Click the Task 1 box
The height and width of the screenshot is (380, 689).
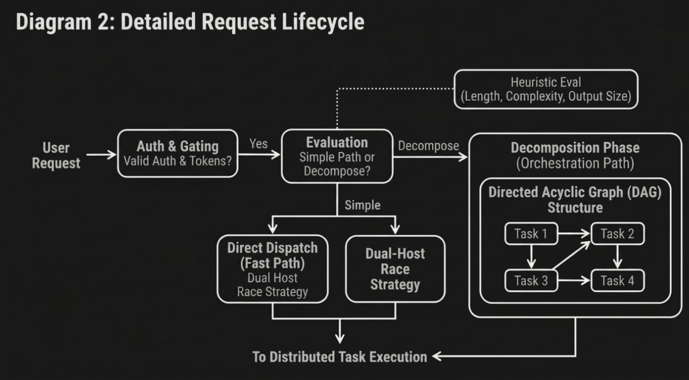[531, 234]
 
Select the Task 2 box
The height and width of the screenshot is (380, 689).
[617, 234]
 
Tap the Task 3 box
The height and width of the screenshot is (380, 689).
[531, 281]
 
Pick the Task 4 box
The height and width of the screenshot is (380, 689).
[617, 281]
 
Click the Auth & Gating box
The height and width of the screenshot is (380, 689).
[178, 153]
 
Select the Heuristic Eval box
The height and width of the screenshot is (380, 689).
[546, 89]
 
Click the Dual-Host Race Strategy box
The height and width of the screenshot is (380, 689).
[395, 269]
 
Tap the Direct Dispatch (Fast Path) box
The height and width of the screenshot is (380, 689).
[272, 269]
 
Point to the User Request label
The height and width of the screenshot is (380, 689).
[56, 155]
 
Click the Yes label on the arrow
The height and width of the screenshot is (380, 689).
[258, 144]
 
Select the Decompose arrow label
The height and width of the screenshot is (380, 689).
[429, 146]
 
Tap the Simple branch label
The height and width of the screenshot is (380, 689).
[363, 205]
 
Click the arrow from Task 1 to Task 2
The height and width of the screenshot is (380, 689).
[574, 234]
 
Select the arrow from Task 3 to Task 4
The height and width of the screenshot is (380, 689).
[574, 281]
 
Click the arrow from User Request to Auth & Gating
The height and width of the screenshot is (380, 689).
[101, 155]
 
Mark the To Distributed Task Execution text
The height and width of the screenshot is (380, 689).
[340, 357]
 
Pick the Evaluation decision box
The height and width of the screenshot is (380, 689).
[337, 156]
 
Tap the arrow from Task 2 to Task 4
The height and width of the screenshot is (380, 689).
[617, 256]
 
